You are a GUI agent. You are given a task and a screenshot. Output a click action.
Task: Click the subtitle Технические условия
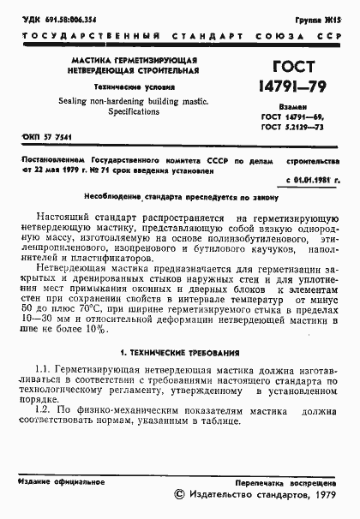point(129,87)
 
